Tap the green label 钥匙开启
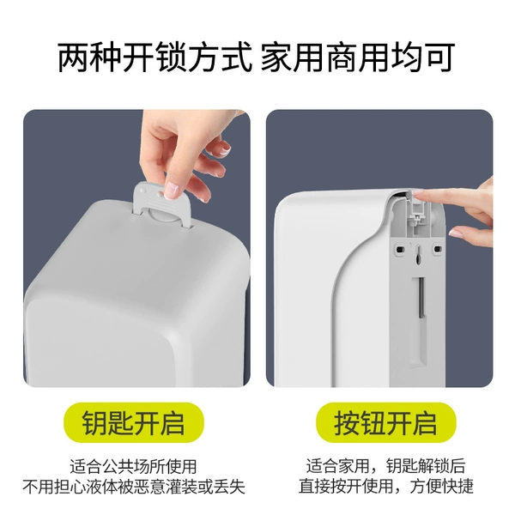(x=134, y=422)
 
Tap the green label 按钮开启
(x=386, y=422)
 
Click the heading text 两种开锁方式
(x=155, y=58)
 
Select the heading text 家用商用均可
(x=358, y=58)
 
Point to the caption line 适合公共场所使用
(x=134, y=466)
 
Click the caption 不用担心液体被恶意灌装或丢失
(x=134, y=487)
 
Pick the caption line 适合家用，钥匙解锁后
(x=386, y=466)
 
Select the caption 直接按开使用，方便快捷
(x=386, y=486)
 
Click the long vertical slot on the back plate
(x=421, y=298)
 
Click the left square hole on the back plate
(x=399, y=249)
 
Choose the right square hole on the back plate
(x=438, y=249)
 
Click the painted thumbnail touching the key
(x=172, y=191)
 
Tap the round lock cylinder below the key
(x=163, y=216)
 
